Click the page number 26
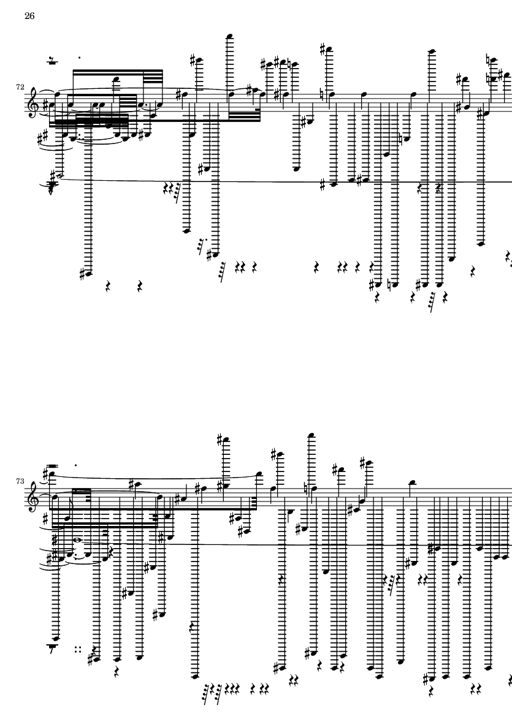[x=29, y=16]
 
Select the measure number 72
[x=20, y=88]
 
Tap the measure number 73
[x=20, y=481]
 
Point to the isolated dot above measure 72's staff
[x=80, y=59]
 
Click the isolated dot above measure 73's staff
[x=75, y=465]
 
